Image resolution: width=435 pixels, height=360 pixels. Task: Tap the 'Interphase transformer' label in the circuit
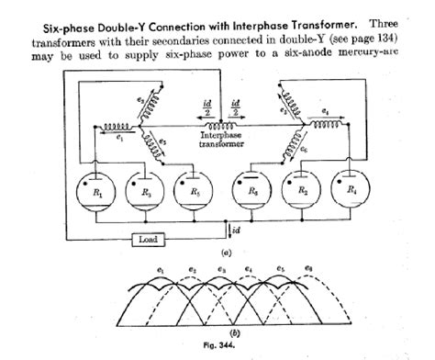pos(218,143)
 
